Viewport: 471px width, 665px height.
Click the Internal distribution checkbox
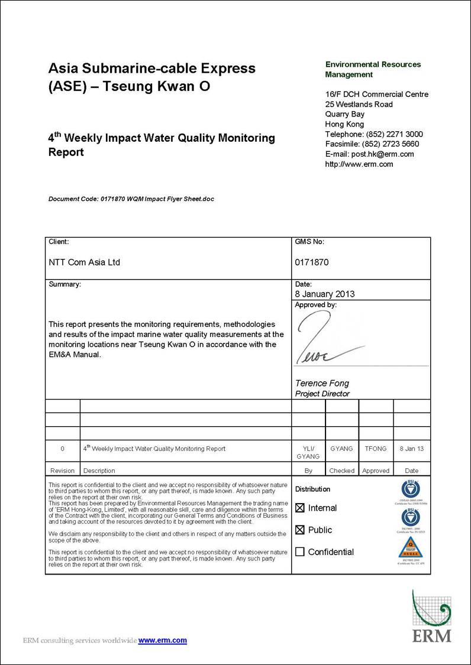click(300, 508)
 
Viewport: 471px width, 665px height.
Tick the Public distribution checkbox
click(300, 530)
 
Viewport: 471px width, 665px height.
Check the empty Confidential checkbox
click(300, 552)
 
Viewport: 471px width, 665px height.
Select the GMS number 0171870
click(311, 262)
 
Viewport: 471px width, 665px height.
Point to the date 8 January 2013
click(325, 294)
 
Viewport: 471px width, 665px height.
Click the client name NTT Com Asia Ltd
click(84, 262)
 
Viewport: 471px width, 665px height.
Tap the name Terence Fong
click(322, 383)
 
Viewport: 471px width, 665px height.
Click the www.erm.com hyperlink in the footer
click(162, 640)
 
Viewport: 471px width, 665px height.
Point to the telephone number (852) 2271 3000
click(395, 134)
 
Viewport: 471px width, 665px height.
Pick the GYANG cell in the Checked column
click(341, 449)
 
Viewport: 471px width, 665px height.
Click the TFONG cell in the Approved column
click(376, 449)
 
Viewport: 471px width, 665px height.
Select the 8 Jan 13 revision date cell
click(412, 449)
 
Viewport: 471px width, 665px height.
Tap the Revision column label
click(62, 471)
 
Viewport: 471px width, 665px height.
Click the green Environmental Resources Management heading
click(373, 69)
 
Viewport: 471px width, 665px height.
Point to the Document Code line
click(131, 199)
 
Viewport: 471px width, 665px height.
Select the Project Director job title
click(322, 394)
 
